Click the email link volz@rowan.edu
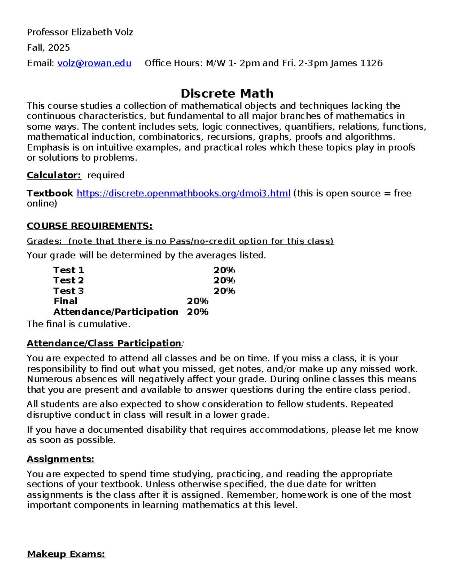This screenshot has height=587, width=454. coord(94,63)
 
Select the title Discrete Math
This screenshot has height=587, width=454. coord(227,93)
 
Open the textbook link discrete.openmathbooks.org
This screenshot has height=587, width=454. coord(183,194)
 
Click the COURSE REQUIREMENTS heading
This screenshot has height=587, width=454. coord(90,226)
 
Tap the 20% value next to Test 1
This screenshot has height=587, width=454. coord(224,270)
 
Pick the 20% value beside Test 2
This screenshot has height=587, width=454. coord(224,280)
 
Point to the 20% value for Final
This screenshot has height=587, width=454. coord(197,301)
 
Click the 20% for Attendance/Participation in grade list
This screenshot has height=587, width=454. coord(197,312)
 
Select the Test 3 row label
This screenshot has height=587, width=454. coord(68,291)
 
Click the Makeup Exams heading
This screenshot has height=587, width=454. coord(66,554)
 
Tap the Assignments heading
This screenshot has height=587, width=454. coord(61,459)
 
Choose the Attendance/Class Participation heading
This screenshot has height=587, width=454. coord(104,343)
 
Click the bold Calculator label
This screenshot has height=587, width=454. coord(54,175)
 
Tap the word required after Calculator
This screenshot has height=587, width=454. coord(106,175)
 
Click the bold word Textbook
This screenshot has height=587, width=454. coord(50,194)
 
